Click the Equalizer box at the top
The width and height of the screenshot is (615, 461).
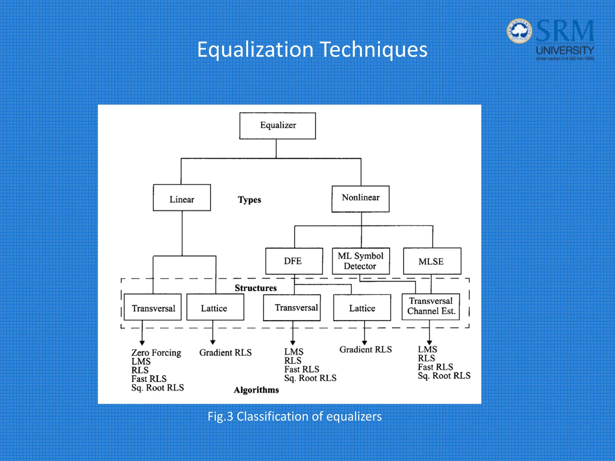pyautogui.click(x=277, y=126)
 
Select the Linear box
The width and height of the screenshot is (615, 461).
pyautogui.click(x=182, y=198)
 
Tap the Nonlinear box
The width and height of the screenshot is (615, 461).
pyautogui.click(x=360, y=199)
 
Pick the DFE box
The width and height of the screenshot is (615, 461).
pyautogui.click(x=294, y=261)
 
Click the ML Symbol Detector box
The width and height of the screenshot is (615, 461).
pyautogui.click(x=361, y=261)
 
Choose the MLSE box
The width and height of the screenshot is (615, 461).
pyautogui.click(x=432, y=261)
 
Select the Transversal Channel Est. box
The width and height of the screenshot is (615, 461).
pyautogui.click(x=431, y=306)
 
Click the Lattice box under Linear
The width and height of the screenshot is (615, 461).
pyautogui.click(x=215, y=307)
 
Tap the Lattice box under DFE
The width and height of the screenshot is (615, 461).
pyautogui.click(x=362, y=308)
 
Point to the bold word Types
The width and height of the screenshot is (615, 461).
pyautogui.click(x=249, y=200)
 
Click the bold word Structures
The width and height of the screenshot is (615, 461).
pyautogui.click(x=256, y=288)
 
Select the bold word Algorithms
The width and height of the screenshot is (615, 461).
pyautogui.click(x=256, y=390)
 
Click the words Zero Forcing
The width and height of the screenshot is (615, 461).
pyautogui.click(x=156, y=352)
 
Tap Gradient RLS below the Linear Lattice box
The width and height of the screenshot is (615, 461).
pyautogui.click(x=225, y=352)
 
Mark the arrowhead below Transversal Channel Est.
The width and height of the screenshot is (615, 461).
pyautogui.click(x=429, y=342)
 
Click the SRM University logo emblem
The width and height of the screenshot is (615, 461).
pyautogui.click(x=519, y=31)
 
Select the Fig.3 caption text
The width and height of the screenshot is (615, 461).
pyautogui.click(x=295, y=417)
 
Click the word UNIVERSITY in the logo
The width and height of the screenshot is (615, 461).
pyautogui.click(x=565, y=50)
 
